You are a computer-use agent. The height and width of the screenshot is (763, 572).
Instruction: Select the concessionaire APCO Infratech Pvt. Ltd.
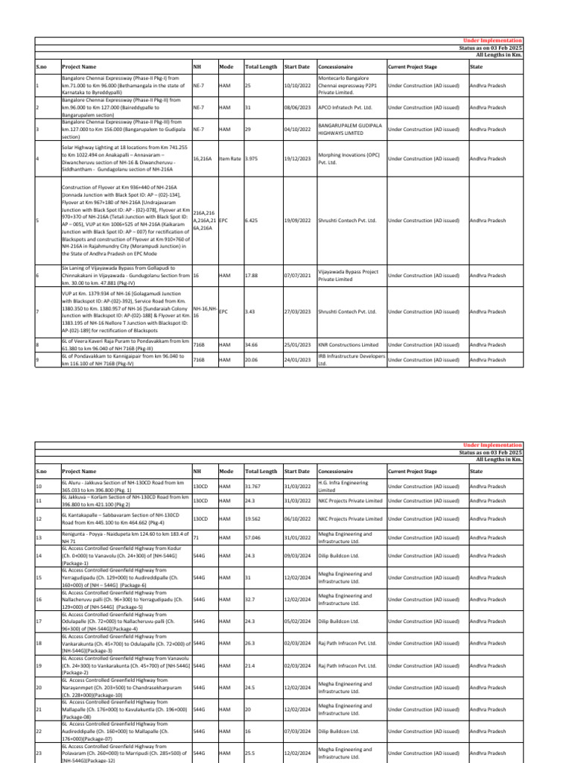click(347, 107)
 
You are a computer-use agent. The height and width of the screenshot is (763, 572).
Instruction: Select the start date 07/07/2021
click(296, 275)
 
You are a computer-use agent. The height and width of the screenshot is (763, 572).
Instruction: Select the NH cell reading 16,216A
click(203, 159)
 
